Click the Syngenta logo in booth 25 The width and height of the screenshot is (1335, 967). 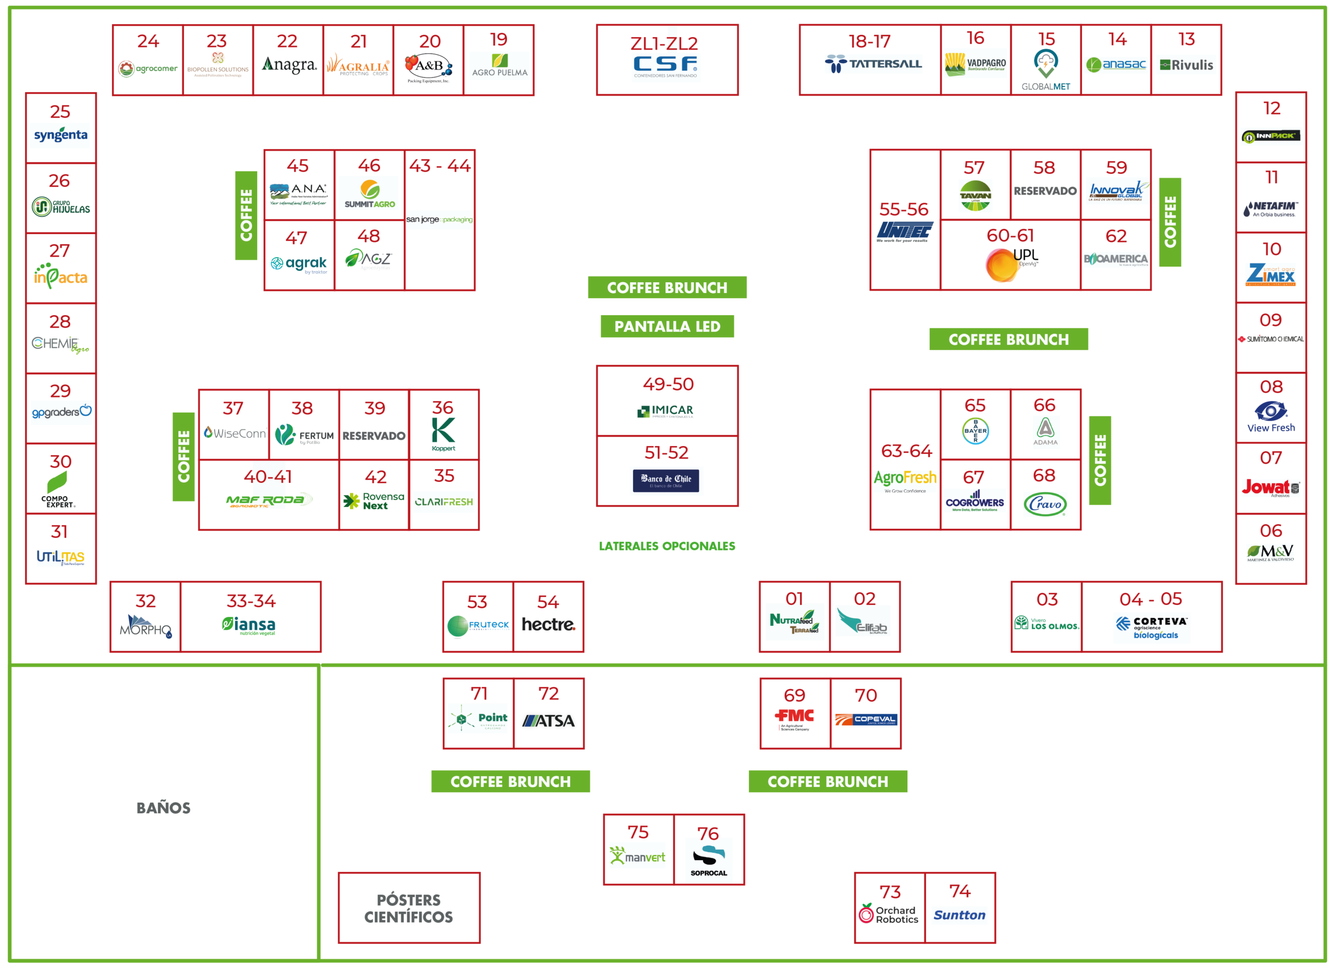(60, 135)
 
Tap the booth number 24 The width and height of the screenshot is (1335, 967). (148, 41)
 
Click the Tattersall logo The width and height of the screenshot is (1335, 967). (873, 64)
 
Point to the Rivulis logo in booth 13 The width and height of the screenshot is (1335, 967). (1186, 65)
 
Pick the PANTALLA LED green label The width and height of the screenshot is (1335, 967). (667, 326)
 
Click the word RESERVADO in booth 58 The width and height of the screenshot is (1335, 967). (1045, 191)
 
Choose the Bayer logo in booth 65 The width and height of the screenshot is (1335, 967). (975, 431)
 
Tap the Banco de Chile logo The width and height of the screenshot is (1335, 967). (666, 480)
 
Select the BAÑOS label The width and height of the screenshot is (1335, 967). (164, 807)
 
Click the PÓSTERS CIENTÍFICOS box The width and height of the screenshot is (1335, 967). (408, 908)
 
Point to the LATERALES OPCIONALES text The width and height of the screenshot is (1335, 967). (667, 546)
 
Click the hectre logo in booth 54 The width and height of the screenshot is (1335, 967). (548, 624)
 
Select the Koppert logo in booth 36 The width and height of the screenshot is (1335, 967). (443, 434)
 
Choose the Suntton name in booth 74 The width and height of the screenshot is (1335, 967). (960, 915)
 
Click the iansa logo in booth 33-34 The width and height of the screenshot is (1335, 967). (249, 624)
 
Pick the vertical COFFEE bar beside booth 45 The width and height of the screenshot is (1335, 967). (246, 215)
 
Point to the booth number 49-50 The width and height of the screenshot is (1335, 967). (668, 384)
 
